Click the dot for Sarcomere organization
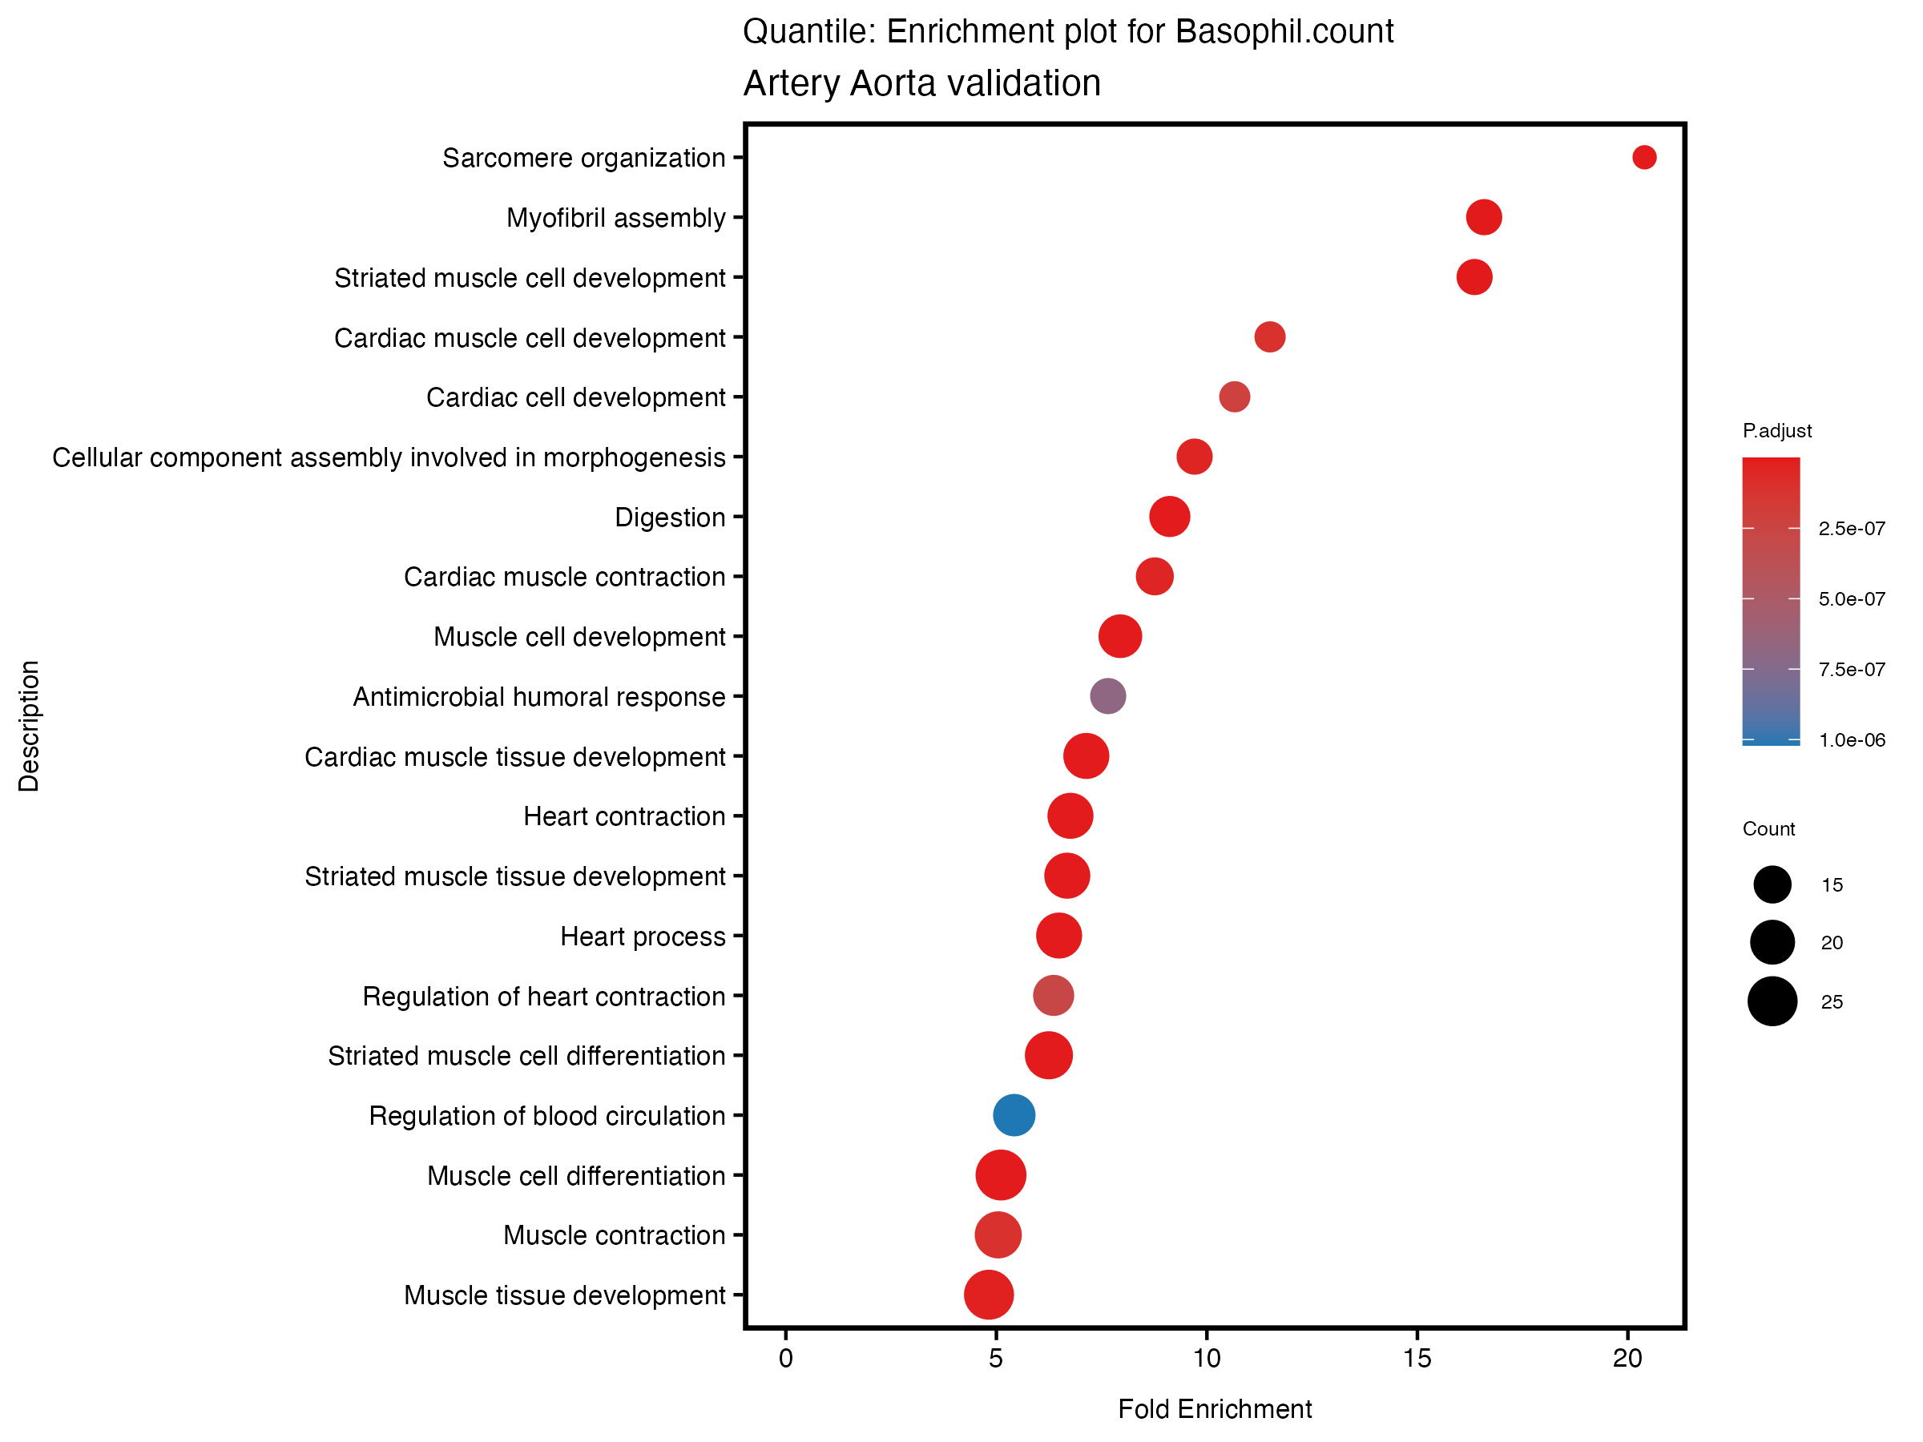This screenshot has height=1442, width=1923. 1643,157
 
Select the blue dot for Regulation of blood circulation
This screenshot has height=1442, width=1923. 1014,1115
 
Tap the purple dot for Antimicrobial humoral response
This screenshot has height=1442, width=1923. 1107,696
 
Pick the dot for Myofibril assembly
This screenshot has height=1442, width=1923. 1483,217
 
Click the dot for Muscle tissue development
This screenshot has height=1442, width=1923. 989,1295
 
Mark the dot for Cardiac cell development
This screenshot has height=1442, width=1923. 1235,397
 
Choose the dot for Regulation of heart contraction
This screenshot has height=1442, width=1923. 1053,996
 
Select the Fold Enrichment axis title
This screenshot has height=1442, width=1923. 1215,1409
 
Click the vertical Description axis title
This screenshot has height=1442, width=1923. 30,726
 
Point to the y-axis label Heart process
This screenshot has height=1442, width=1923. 643,937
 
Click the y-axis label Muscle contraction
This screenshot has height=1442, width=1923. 614,1236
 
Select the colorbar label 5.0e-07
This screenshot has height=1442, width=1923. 1852,600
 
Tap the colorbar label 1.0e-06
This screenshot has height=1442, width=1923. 1852,740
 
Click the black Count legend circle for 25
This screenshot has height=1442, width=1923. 1772,1001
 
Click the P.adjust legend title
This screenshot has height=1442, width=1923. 1777,431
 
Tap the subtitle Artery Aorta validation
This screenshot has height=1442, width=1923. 921,84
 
